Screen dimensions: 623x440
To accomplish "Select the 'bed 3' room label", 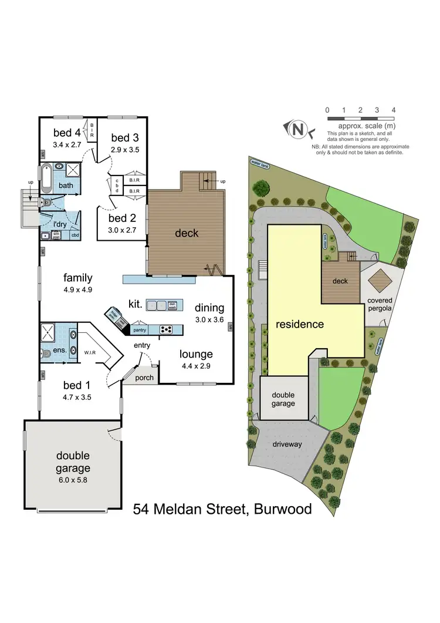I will [124, 138].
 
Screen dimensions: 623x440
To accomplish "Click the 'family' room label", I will [78, 278].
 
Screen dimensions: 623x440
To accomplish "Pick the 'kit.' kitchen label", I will [136, 304].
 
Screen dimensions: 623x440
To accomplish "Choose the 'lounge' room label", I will [196, 354].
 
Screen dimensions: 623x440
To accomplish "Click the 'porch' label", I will [144, 378].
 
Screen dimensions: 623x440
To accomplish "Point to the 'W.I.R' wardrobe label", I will [90, 353].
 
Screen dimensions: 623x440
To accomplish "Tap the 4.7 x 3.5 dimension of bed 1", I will [77, 397].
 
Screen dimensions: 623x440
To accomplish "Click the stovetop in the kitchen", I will [166, 329].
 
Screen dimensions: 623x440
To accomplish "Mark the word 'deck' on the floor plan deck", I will [187, 233].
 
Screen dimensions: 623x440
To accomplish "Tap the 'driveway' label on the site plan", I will [287, 444].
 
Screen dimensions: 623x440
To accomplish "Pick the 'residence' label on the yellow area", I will [299, 324].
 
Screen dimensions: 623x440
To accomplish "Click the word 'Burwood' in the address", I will [283, 508].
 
